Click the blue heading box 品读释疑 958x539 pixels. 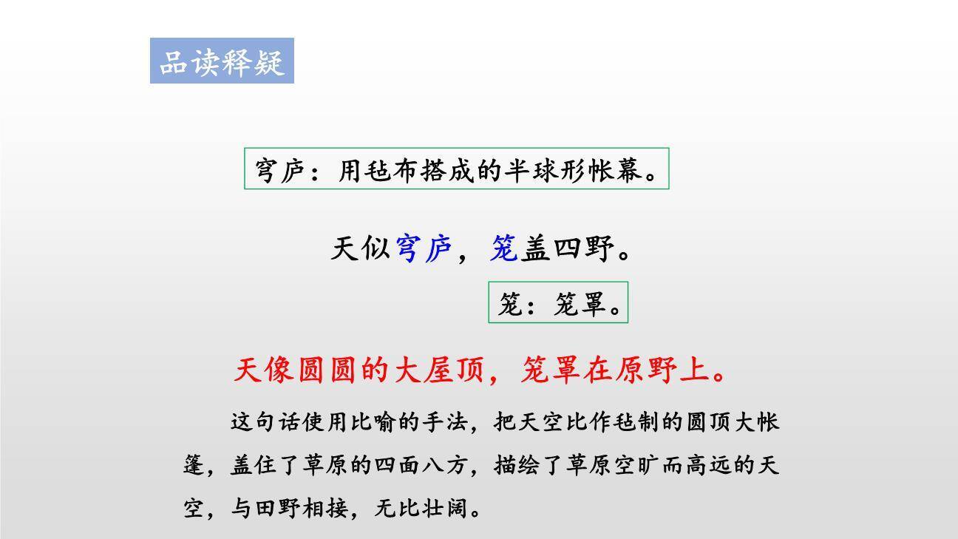tap(222, 61)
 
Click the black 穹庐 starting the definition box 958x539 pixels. tap(278, 171)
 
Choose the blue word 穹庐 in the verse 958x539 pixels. tap(424, 248)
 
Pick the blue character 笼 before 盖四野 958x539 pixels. tap(504, 248)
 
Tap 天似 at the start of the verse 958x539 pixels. tap(361, 248)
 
